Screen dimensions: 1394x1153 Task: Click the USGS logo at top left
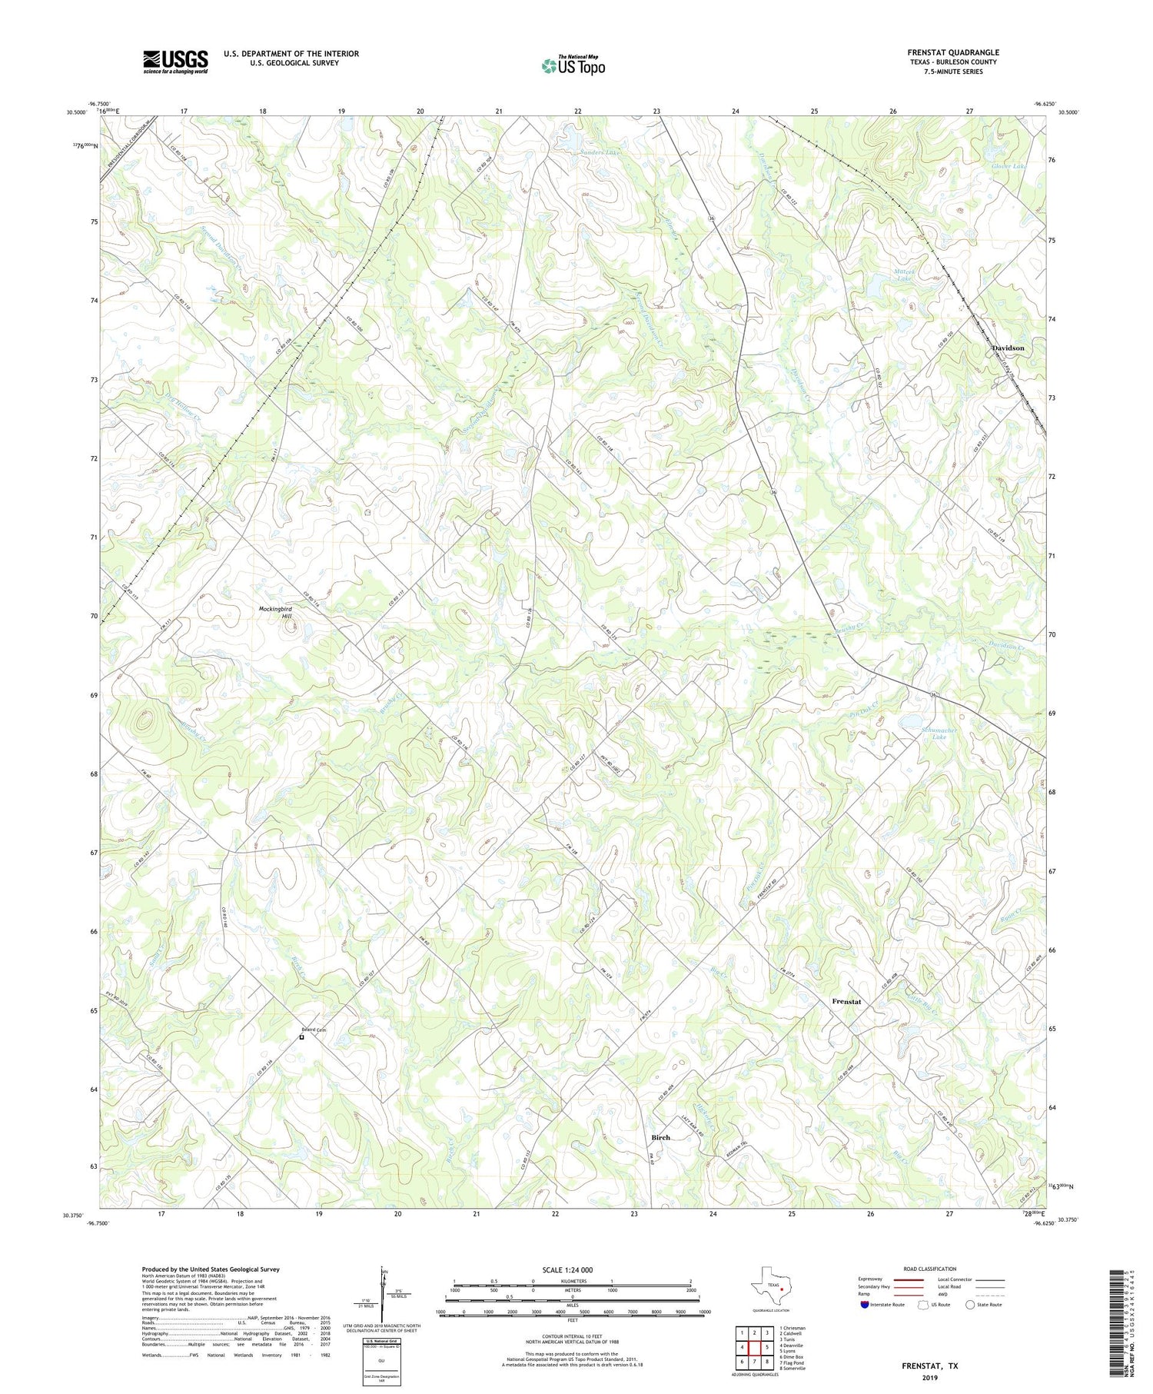pyautogui.click(x=175, y=62)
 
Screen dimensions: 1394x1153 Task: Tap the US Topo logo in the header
pyautogui.click(x=573, y=66)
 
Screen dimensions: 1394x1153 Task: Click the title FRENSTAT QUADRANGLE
pyautogui.click(x=952, y=52)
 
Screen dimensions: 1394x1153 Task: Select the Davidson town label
pyautogui.click(x=1008, y=348)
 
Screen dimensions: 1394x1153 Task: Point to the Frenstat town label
pyautogui.click(x=846, y=1002)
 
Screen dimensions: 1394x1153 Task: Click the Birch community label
pyautogui.click(x=660, y=1137)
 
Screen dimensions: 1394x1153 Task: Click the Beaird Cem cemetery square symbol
pyautogui.click(x=301, y=1036)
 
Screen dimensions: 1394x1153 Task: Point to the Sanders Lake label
pyautogui.click(x=600, y=153)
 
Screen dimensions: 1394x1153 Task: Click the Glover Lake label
pyautogui.click(x=1008, y=167)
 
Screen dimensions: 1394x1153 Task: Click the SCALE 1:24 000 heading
pyautogui.click(x=572, y=1269)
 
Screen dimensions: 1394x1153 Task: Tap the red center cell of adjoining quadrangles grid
pyautogui.click(x=755, y=1347)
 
